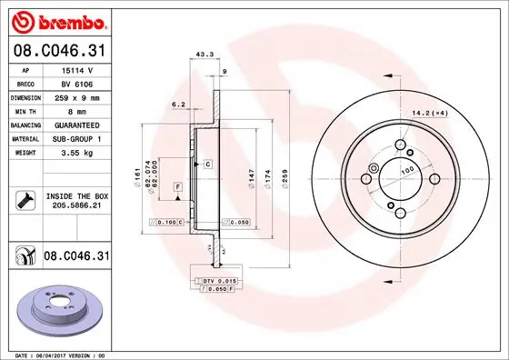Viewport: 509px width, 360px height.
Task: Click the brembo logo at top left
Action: click(x=56, y=20)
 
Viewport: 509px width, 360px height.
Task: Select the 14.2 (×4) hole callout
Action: click(x=429, y=113)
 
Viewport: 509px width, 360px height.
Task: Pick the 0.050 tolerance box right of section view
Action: click(x=235, y=222)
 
